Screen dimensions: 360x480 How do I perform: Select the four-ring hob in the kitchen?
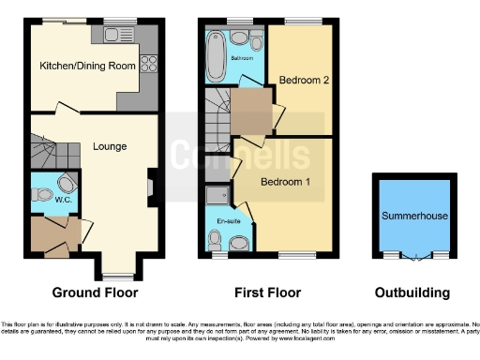tap(147, 65)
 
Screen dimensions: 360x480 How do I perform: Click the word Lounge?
tap(110, 146)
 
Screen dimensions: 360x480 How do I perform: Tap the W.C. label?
tap(42, 199)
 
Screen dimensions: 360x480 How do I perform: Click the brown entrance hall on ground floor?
tap(51, 234)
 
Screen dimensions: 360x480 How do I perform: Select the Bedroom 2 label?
tap(302, 81)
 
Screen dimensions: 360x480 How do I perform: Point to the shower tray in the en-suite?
tap(216, 195)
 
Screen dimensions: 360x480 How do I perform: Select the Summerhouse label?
tap(413, 217)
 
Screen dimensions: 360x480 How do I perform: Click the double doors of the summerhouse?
tap(414, 254)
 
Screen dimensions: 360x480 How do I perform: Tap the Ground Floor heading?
tap(92, 292)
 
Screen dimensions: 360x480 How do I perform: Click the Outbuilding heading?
tap(413, 292)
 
